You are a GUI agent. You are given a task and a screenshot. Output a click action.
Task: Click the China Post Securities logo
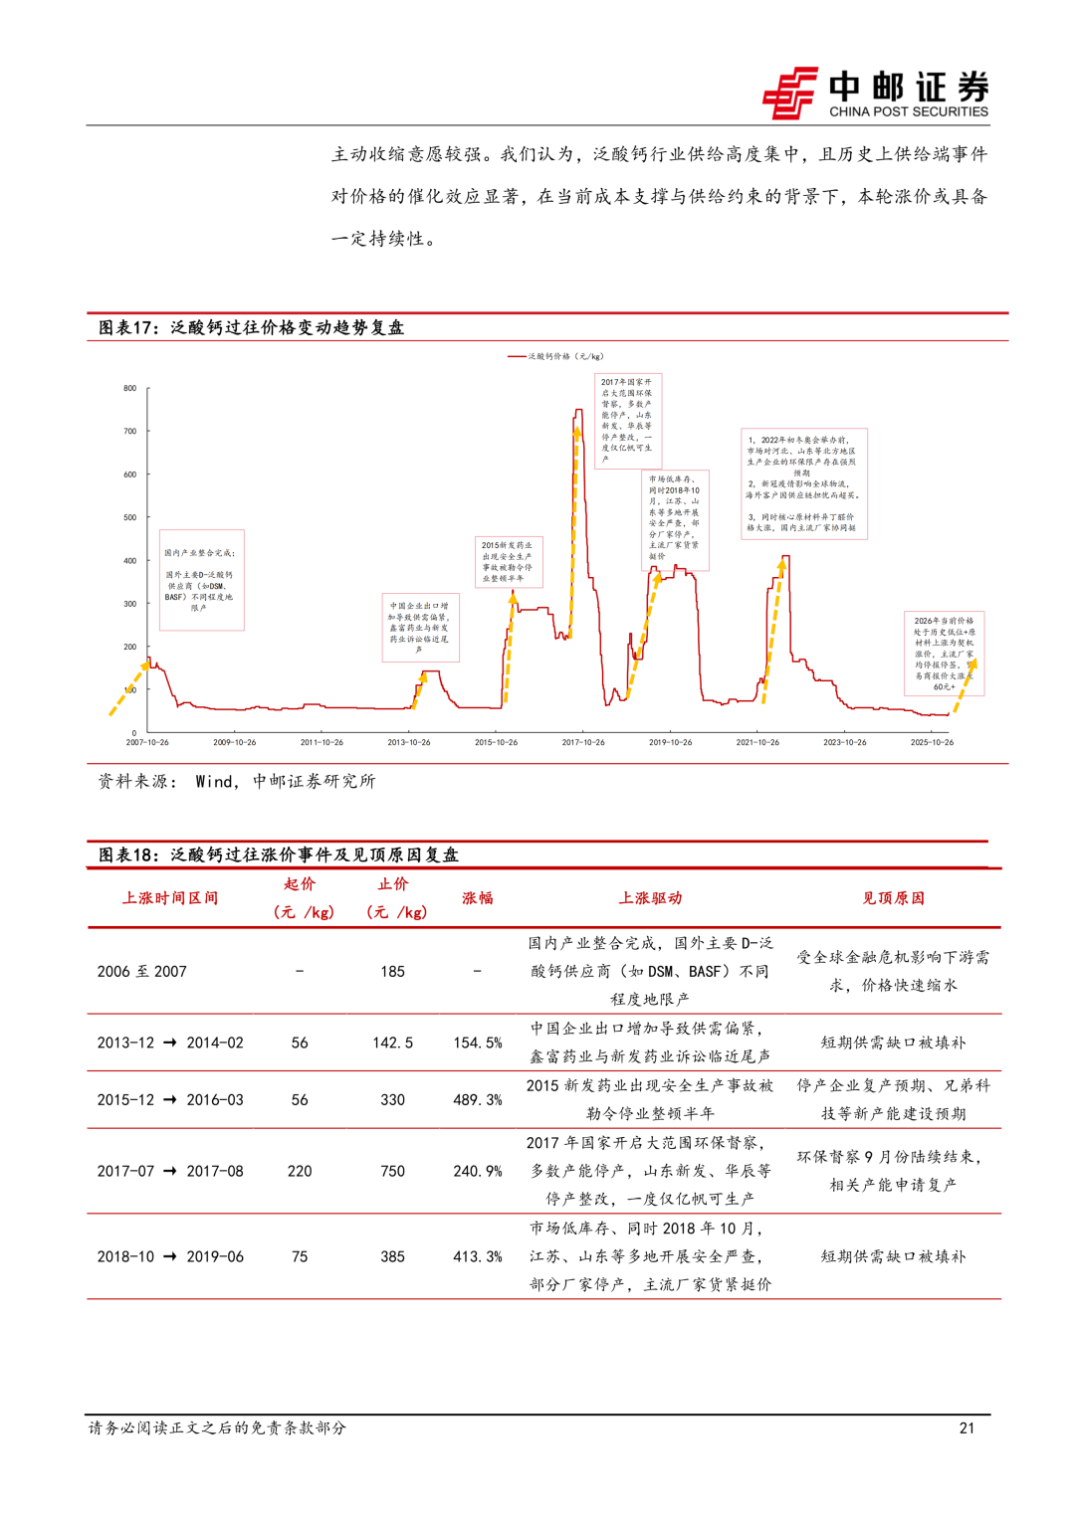876,94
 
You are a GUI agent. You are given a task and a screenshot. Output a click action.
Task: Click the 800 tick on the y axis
130,388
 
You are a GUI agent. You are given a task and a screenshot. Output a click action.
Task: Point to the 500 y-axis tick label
130,517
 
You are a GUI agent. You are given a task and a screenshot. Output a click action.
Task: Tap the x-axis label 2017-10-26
583,742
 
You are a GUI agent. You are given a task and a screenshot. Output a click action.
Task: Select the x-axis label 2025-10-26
932,742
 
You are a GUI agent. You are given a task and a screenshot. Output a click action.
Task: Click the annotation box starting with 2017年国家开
627,420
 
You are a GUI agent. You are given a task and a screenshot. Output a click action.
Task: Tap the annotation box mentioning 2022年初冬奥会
803,483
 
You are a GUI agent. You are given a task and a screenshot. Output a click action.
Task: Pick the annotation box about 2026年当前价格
944,653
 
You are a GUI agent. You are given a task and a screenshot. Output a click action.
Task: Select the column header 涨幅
478,897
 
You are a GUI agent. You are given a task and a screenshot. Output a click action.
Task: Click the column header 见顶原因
893,897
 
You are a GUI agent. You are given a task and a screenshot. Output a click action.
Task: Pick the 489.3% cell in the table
478,1099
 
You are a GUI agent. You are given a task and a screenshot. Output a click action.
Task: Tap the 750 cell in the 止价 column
392,1171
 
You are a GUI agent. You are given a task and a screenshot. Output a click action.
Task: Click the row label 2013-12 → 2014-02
170,1043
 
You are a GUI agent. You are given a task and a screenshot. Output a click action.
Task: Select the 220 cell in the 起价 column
300,1171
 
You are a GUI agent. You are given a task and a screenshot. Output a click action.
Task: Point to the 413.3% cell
478,1256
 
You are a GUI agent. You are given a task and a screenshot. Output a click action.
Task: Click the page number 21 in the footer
967,1427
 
